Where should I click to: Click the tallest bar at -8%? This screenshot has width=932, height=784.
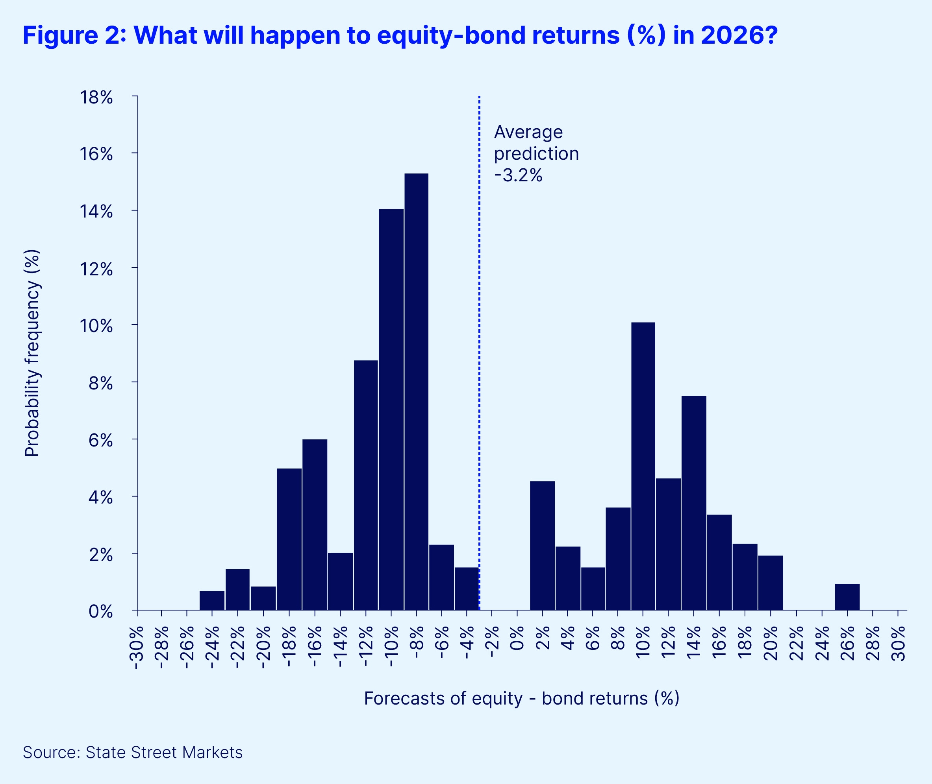pos(417,391)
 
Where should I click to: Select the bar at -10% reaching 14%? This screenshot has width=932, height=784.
pos(391,409)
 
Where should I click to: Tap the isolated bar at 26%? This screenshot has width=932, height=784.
pos(847,596)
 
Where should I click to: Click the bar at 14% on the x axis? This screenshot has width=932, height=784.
pos(693,502)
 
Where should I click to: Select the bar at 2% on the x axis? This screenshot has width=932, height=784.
pos(542,545)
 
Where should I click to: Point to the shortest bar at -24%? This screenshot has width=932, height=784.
pos(212,600)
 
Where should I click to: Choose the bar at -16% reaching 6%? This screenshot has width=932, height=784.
pos(315,524)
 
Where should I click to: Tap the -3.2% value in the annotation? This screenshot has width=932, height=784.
pos(518,175)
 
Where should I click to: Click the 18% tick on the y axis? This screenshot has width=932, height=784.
pos(96,97)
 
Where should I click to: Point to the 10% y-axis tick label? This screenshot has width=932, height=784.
pos(96,326)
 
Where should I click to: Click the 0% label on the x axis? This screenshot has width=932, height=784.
pos(517,638)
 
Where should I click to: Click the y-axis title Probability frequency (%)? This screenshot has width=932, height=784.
pos(32,353)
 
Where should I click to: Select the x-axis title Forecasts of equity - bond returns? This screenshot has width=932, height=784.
pos(521,698)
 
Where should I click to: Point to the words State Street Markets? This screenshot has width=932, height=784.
pos(164,753)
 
